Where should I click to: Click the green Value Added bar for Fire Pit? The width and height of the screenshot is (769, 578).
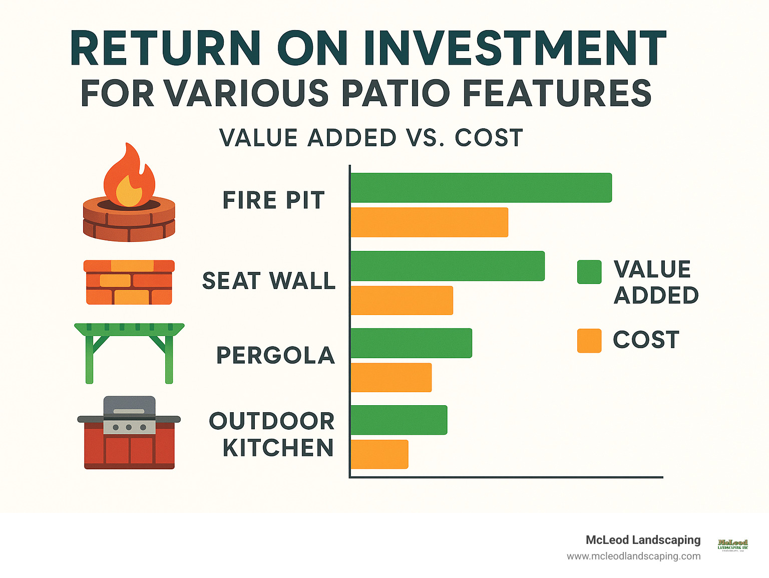pos(481,188)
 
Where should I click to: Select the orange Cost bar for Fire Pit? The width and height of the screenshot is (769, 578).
pos(429,222)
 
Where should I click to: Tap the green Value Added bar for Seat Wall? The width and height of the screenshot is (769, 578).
pos(447,266)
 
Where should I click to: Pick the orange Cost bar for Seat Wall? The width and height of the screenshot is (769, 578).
pos(402,301)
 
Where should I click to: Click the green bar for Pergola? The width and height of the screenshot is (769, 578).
pos(411,343)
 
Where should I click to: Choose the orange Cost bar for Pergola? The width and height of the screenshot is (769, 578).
pos(391,378)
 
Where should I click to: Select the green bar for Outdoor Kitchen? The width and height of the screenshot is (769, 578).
pos(399,420)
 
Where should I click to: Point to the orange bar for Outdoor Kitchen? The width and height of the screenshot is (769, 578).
pos(379,454)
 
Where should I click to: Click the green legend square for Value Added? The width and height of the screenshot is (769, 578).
pos(589,272)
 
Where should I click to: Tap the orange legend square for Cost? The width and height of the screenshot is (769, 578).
pos(589,341)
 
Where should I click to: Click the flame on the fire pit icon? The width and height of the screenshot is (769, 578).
pos(129,175)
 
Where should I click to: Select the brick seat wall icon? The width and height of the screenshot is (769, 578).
pos(129,282)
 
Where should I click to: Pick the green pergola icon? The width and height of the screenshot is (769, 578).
pos(129,351)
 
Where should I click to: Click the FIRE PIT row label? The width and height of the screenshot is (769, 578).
pos(273,200)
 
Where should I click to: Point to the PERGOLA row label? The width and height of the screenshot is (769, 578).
pos(275,356)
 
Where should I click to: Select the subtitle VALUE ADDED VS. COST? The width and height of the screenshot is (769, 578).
pos(371,138)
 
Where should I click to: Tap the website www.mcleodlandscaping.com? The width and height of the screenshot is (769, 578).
pos(633,556)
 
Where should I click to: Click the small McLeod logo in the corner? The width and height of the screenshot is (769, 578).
pos(732,544)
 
